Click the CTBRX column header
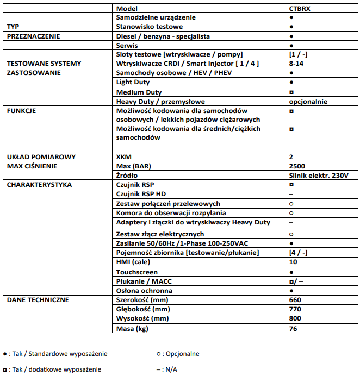click(x=300, y=9)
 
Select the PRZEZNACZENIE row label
click(x=33, y=36)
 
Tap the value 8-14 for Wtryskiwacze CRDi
click(x=297, y=64)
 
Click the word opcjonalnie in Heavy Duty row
click(x=308, y=101)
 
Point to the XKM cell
click(x=124, y=157)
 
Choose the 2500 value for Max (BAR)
click(x=298, y=166)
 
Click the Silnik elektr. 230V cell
click(x=319, y=176)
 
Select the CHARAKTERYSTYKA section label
click(x=39, y=185)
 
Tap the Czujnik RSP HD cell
click(x=141, y=194)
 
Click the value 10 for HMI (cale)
click(x=294, y=262)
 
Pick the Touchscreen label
click(x=137, y=272)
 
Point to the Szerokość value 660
click(x=295, y=300)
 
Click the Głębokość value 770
click(x=295, y=309)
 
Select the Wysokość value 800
click(x=295, y=318)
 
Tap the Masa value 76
click(x=294, y=328)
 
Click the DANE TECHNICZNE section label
click(x=38, y=300)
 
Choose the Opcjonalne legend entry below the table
click(x=178, y=354)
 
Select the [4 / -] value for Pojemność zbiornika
click(x=299, y=253)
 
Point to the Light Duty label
click(x=133, y=82)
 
